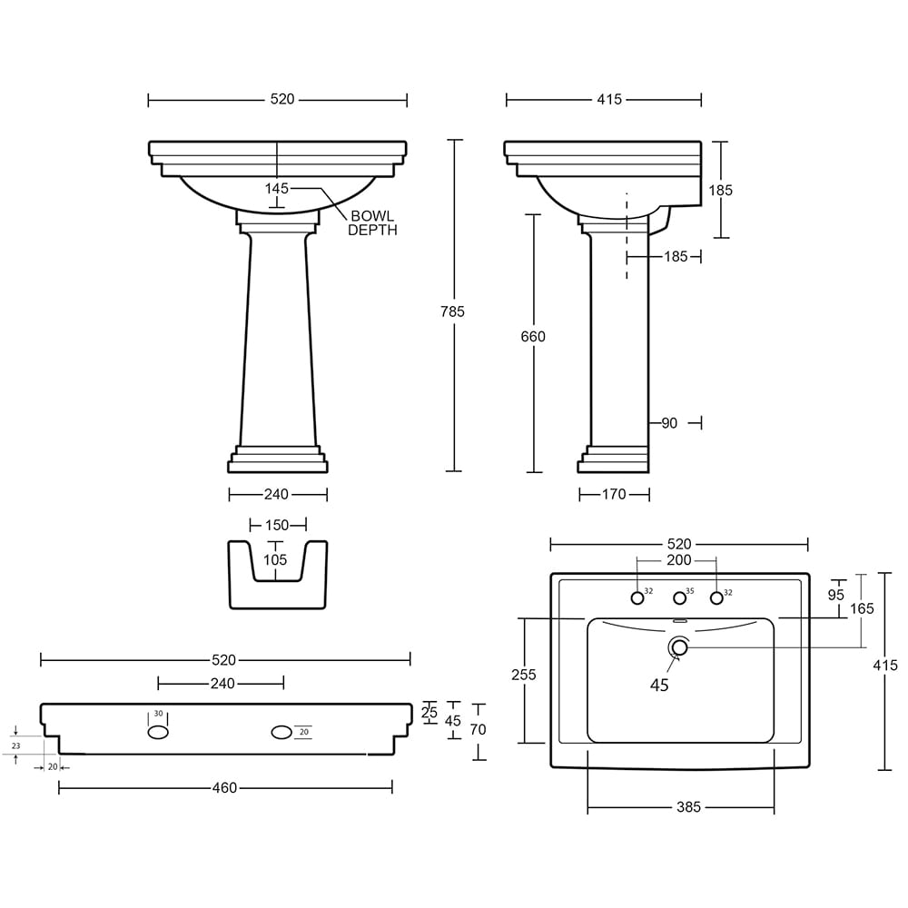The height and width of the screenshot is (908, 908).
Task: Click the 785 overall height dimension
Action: tap(453, 311)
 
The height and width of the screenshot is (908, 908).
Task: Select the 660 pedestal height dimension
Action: tap(533, 337)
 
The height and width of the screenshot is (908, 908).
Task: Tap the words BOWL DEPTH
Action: tap(372, 223)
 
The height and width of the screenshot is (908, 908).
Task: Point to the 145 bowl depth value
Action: tap(276, 189)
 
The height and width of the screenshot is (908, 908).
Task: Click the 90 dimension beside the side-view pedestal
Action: tap(671, 422)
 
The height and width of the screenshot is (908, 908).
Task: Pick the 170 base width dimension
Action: tap(614, 495)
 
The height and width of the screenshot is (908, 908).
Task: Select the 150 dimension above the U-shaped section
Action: tap(277, 525)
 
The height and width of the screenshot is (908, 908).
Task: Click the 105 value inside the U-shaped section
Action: tap(275, 560)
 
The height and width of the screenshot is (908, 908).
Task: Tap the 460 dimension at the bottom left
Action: tap(224, 788)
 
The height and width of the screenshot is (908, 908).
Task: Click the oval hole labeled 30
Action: tap(158, 732)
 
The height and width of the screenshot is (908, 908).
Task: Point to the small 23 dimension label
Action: tap(15, 745)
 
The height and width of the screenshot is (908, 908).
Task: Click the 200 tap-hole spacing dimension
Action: tap(678, 561)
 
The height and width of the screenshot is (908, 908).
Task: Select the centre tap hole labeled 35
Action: tap(678, 597)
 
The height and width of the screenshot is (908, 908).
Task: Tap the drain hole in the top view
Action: tap(678, 647)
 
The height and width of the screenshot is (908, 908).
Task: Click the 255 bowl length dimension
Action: tap(524, 675)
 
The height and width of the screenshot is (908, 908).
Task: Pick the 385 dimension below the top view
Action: tap(688, 807)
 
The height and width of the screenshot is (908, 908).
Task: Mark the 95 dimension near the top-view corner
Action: tap(836, 595)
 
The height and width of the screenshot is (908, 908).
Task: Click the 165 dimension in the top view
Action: tap(863, 608)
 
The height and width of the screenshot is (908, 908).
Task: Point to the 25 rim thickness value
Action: tap(429, 713)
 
